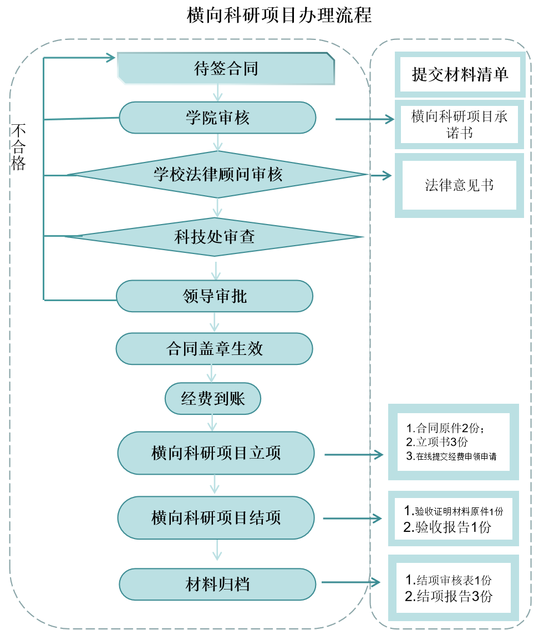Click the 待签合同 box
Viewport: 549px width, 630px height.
[x=226, y=69]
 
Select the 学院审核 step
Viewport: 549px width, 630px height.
[x=217, y=118]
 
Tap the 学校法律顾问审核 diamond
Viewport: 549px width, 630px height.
[x=217, y=175]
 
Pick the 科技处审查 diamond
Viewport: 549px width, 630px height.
[x=215, y=237]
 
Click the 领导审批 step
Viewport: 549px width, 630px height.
[x=215, y=296]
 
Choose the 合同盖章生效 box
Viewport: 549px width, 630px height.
[x=215, y=349]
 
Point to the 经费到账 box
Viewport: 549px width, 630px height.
[x=213, y=399]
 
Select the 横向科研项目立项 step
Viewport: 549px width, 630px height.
[x=216, y=453]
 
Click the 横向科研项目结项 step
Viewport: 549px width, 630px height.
[x=216, y=518]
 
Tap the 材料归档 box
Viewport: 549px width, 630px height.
[x=217, y=584]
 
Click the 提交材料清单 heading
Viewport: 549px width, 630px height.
[x=460, y=74]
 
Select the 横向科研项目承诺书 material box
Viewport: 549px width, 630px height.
[x=459, y=124]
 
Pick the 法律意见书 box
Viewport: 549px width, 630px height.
[x=459, y=185]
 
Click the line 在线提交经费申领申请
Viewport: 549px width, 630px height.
[x=451, y=457]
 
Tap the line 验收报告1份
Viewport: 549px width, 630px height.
[x=448, y=527]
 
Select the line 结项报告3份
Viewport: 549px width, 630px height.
[x=449, y=597]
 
